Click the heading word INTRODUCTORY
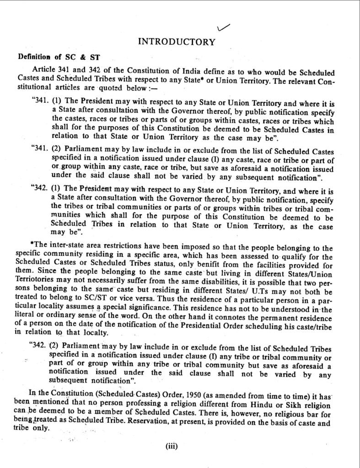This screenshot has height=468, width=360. coord(177,43)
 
